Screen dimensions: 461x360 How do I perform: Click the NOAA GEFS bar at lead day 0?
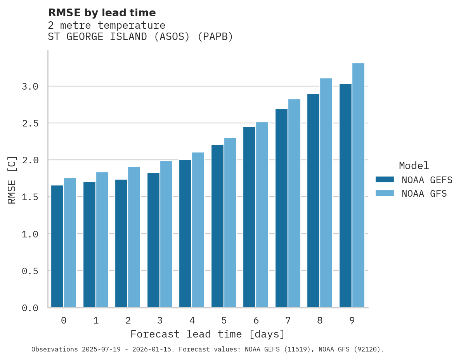coord(57,246)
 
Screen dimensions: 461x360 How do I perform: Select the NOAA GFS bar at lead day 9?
coord(358,185)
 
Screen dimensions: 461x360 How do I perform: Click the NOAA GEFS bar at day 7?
coord(281,208)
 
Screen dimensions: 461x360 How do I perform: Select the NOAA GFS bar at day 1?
coord(102,239)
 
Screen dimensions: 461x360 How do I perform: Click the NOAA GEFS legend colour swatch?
coord(385,180)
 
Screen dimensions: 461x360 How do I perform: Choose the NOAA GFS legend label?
coord(424,193)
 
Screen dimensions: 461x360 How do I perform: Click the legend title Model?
coord(414,166)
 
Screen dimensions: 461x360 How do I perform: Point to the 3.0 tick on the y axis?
coord(30,87)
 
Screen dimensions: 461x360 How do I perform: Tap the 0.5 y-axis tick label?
coord(30,271)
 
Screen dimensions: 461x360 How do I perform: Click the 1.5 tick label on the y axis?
coord(30,197)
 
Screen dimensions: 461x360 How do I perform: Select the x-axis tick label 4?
coord(192,320)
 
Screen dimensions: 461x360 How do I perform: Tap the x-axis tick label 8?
coord(320,320)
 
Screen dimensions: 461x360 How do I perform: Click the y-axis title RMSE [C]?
coord(12,180)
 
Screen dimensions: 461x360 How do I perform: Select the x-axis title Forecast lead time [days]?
coord(208,334)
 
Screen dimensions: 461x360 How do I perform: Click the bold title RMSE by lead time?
coord(102,13)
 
